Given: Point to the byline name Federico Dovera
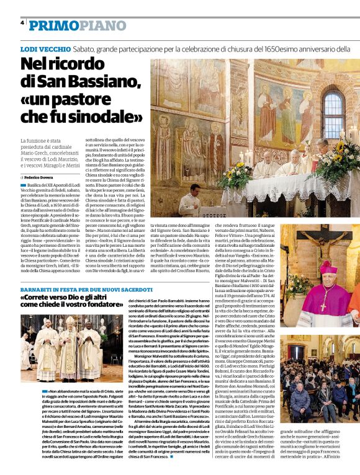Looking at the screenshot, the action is point(38,178).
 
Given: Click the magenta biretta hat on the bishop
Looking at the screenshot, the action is point(327,267).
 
